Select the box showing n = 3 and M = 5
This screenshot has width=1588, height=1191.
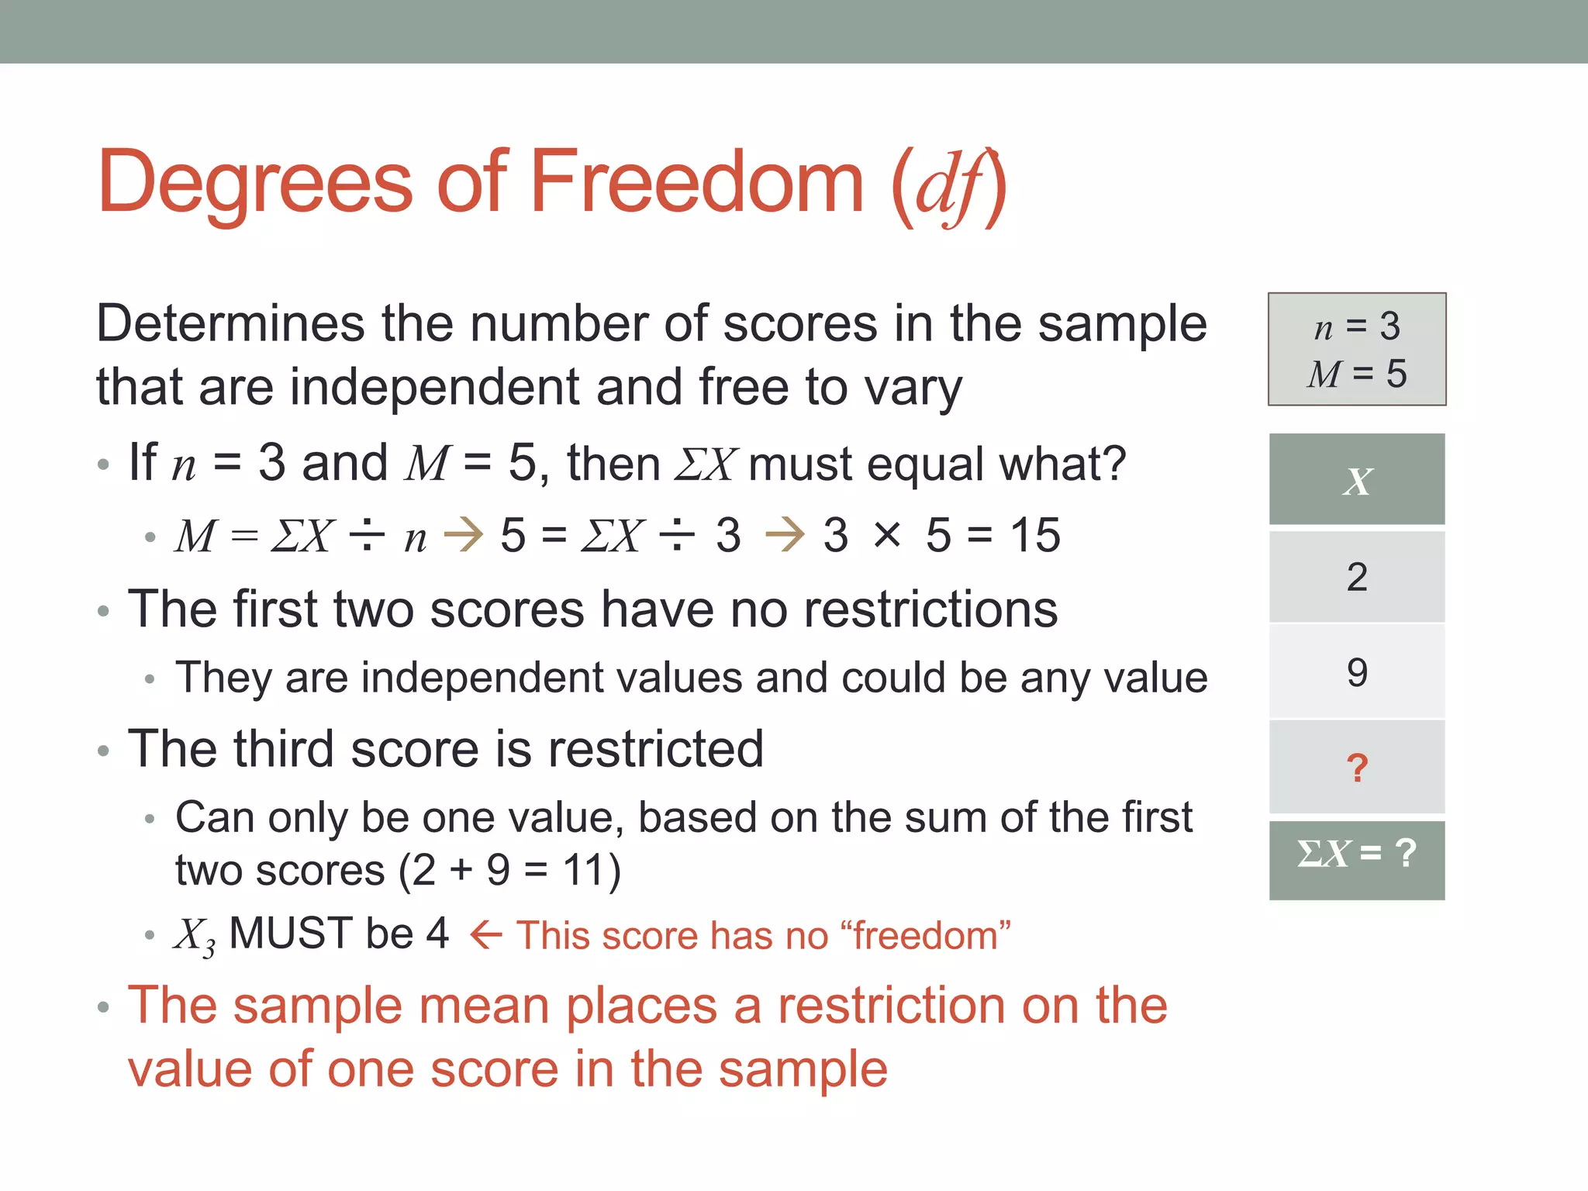click(1356, 349)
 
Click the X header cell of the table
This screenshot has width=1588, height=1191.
click(1356, 480)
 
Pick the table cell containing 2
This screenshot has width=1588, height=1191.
click(1356, 577)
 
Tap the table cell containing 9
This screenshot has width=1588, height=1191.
click(1356, 672)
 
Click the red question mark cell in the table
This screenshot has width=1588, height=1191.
click(1356, 768)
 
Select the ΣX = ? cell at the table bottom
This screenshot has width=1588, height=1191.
click(1356, 855)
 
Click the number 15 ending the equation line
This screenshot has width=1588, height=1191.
click(1034, 535)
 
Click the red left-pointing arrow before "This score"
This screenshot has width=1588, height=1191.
click(486, 935)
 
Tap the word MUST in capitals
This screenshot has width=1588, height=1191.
click(292, 933)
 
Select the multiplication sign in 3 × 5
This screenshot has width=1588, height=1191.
click(887, 535)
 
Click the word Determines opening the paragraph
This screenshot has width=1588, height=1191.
click(230, 323)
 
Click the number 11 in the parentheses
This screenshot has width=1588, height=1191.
click(582, 870)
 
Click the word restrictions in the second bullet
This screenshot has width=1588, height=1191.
click(930, 609)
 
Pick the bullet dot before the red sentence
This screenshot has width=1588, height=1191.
click(104, 1008)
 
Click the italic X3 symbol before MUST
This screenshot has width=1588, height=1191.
click(194, 936)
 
